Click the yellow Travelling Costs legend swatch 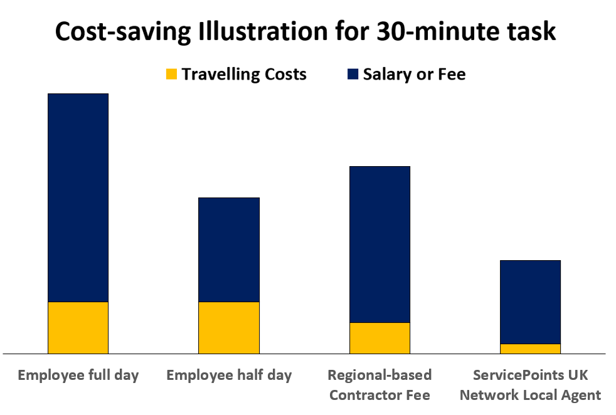pyautogui.click(x=171, y=74)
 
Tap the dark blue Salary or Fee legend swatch pyautogui.click(x=353, y=74)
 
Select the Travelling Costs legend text pyautogui.click(x=244, y=74)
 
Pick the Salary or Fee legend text pyautogui.click(x=414, y=74)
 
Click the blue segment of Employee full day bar pyautogui.click(x=78, y=197)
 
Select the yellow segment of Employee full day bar pyautogui.click(x=78, y=328)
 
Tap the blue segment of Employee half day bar pyautogui.click(x=229, y=250)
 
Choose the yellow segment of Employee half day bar pyautogui.click(x=229, y=328)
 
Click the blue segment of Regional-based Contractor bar pyautogui.click(x=380, y=244)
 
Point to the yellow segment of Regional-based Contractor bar pyautogui.click(x=380, y=338)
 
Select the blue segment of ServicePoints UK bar pyautogui.click(x=530, y=302)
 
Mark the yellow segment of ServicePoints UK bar pyautogui.click(x=530, y=349)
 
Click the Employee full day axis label pyautogui.click(x=78, y=376)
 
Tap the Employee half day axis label pyautogui.click(x=229, y=376)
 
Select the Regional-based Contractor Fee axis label pyautogui.click(x=380, y=385)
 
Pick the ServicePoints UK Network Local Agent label pyautogui.click(x=530, y=385)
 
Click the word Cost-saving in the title pyautogui.click(x=123, y=31)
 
